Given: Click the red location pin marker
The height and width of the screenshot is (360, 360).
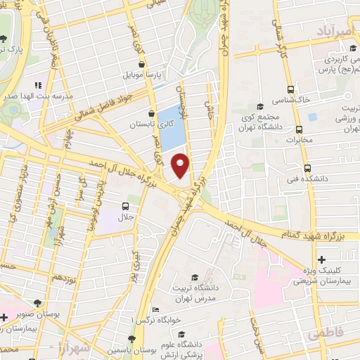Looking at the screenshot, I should coord(181,165).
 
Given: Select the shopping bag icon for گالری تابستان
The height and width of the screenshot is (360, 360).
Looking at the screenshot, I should coord(151,113).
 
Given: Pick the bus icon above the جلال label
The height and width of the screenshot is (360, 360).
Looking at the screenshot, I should coord(125,206).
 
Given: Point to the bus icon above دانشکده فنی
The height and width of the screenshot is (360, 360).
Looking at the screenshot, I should coord(307,168).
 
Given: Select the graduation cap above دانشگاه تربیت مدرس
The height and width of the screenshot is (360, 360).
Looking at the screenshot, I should coord(193,278).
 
